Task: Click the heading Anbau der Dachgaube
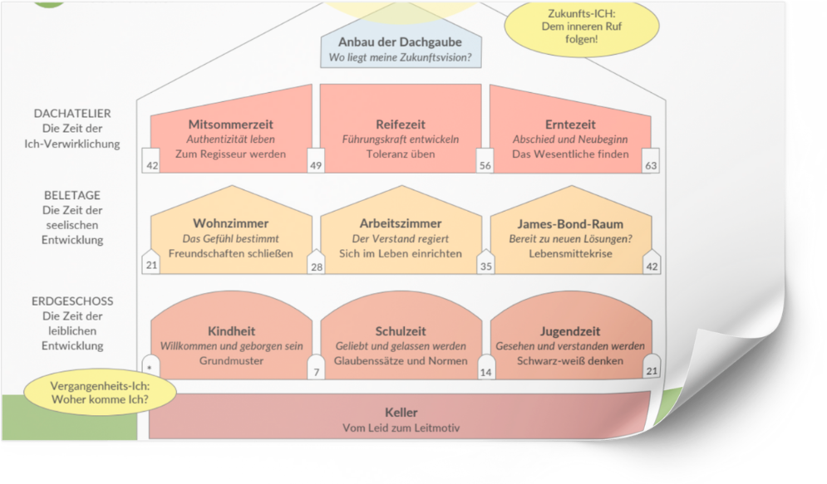[x=401, y=42]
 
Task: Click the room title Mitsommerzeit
[x=230, y=125]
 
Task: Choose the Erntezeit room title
[x=569, y=125]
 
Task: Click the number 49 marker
[x=316, y=165]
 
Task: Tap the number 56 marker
[x=485, y=165]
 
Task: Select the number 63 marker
[x=651, y=165]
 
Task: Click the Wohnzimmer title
[x=230, y=224]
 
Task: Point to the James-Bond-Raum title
[x=569, y=224]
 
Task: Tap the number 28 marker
[x=316, y=266]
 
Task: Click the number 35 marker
[x=485, y=266]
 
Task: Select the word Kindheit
[x=230, y=331]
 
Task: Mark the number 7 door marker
[x=316, y=372]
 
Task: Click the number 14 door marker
[x=485, y=372]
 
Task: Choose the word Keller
[x=401, y=413]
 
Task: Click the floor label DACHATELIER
[x=72, y=114]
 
